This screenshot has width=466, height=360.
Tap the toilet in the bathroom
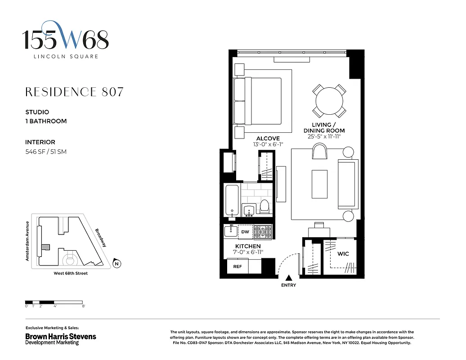click(x=264, y=207)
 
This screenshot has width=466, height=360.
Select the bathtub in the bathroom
click(x=231, y=201)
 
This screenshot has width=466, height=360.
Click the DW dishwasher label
click(x=245, y=232)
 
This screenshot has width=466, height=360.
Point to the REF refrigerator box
click(x=237, y=267)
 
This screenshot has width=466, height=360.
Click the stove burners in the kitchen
click(x=263, y=232)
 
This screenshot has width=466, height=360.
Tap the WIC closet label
click(x=343, y=254)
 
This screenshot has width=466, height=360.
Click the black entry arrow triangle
click(x=288, y=279)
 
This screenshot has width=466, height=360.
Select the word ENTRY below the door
click(x=288, y=286)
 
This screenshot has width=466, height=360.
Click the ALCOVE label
click(x=268, y=139)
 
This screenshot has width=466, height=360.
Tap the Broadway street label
click(x=100, y=238)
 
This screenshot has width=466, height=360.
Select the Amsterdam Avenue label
click(x=27, y=241)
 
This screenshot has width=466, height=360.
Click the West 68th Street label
click(x=71, y=273)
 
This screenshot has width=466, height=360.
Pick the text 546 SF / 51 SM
click(x=46, y=152)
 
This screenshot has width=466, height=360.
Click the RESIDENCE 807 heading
click(x=74, y=92)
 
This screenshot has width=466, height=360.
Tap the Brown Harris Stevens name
click(x=60, y=336)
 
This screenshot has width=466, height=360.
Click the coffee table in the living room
click(x=319, y=184)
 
